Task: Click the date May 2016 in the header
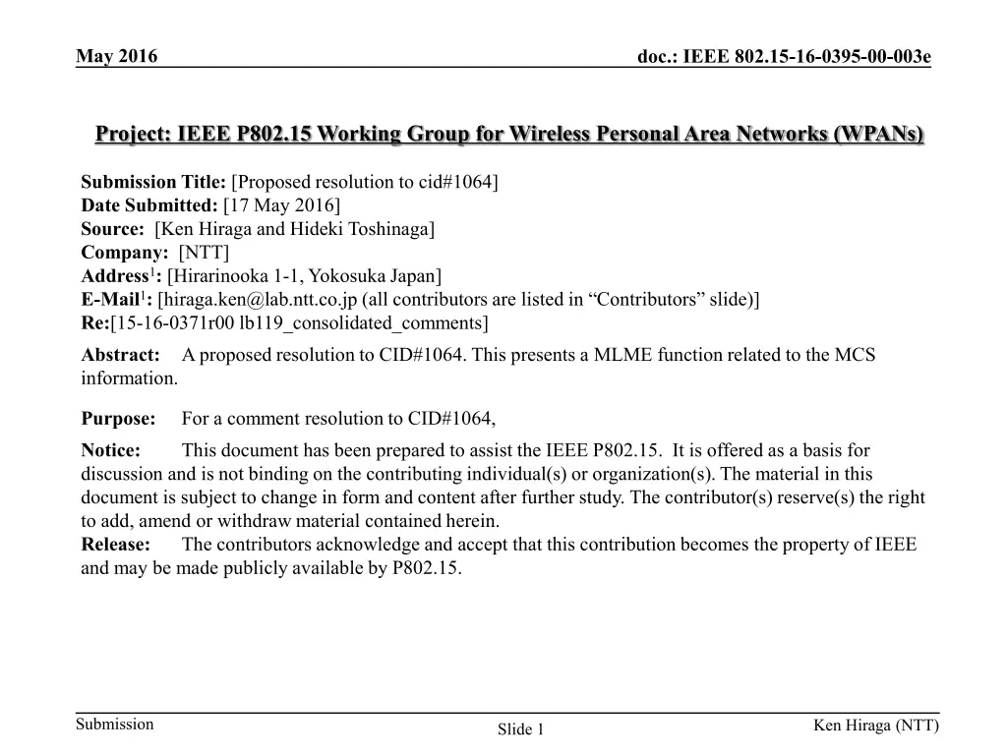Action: click(117, 56)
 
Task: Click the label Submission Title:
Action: click(153, 182)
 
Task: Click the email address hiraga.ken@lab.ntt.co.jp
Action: click(257, 300)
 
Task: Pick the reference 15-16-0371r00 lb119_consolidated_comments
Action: click(300, 323)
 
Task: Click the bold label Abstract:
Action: click(120, 355)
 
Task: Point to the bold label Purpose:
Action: click(118, 419)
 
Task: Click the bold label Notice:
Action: click(110, 450)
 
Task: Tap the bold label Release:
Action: click(115, 545)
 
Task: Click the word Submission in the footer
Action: click(116, 725)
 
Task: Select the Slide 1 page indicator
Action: click(521, 728)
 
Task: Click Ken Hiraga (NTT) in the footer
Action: click(875, 726)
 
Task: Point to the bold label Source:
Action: click(112, 229)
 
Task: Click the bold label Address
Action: click(113, 276)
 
